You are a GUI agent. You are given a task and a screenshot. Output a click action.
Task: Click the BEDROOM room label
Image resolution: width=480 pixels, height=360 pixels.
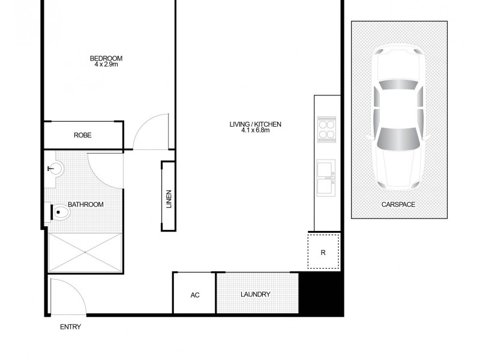pos(106,58)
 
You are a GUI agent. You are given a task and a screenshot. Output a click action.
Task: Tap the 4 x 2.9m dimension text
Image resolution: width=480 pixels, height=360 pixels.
pos(106,65)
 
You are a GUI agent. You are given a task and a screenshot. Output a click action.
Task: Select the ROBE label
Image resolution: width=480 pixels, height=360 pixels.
pos(83,136)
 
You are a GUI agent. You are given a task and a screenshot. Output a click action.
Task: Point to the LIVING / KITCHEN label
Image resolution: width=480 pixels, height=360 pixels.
pos(255,124)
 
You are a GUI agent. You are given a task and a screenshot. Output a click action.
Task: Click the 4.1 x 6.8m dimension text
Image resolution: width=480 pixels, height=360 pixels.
pos(255,131)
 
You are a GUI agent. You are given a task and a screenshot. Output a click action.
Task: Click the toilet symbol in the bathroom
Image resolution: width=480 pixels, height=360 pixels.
pos(58,211)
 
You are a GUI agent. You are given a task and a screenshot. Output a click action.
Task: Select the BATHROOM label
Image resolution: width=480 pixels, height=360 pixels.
pos(85,205)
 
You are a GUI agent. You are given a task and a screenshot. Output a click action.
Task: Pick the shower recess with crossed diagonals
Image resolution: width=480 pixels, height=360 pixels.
pos(85,253)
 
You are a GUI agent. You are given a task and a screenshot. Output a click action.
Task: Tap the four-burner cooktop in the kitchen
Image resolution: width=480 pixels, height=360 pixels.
pos(326,128)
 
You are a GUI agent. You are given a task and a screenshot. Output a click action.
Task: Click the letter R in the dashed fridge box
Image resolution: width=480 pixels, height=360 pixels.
pos(323,253)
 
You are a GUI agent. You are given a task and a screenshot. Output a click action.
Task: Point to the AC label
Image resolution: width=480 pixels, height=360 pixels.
pos(195,295)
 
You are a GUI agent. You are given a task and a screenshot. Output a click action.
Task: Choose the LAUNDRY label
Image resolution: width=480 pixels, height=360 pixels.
pos(256,295)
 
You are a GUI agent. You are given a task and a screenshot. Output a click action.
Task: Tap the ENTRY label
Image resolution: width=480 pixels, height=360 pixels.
pos(70,327)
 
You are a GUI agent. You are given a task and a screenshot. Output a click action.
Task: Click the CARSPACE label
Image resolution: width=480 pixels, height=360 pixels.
pos(398,205)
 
